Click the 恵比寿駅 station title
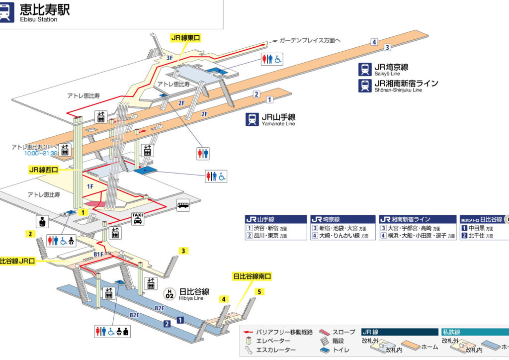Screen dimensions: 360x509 click(45, 10)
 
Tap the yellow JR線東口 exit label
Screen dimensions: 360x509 click(185, 37)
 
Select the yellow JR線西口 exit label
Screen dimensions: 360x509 click(44, 170)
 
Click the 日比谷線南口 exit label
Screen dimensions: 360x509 click(253, 276)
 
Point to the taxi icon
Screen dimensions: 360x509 click(137, 219)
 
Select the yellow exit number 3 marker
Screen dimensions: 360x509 click(183, 251)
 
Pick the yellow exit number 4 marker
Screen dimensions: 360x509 click(224, 299)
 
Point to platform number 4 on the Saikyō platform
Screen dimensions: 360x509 click(374, 42)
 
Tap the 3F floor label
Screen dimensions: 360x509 click(170, 58)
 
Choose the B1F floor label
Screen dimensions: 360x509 click(99, 254)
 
